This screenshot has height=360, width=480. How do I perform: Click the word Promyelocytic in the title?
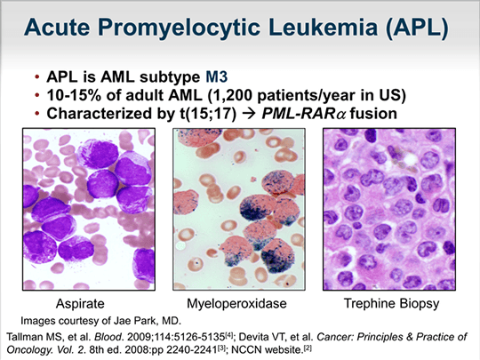tap(181, 28)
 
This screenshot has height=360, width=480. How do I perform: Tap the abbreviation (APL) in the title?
tap(417, 28)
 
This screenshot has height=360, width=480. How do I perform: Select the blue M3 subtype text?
tap(216, 76)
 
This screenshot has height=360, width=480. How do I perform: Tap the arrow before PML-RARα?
tap(249, 114)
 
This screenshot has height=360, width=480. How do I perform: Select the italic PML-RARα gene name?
tap(304, 114)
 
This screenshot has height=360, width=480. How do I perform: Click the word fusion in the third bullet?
tap(373, 114)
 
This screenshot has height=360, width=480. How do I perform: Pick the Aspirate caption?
tap(80, 304)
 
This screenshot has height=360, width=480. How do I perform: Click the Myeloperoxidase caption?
tap(236, 303)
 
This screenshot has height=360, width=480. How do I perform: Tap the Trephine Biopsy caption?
tap(391, 303)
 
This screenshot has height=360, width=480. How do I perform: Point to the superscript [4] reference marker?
tap(228, 335)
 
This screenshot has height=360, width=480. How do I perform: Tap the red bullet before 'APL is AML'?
tap(37, 76)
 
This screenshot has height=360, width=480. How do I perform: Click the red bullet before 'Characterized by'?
tap(37, 114)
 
